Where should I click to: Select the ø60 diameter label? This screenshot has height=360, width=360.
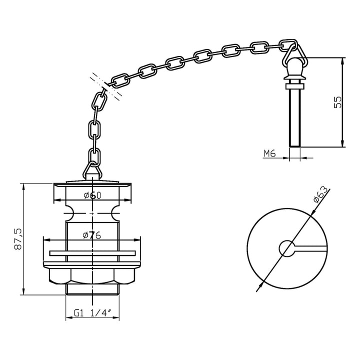[93, 195]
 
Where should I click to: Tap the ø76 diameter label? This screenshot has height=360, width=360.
[92, 235]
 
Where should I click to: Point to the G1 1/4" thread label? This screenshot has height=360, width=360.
[92, 313]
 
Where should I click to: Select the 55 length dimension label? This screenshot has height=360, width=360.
[338, 102]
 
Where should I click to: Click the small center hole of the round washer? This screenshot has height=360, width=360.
[287, 247]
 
